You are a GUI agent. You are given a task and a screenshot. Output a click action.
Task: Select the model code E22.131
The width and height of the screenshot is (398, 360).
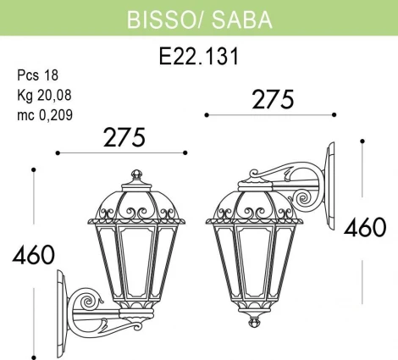[199, 57]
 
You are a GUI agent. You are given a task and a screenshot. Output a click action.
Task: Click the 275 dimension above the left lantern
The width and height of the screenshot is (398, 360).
[122, 136]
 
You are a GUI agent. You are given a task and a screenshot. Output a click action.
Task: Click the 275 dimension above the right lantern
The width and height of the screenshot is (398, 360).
[273, 98]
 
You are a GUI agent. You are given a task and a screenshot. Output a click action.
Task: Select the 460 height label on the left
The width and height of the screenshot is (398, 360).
[33, 254]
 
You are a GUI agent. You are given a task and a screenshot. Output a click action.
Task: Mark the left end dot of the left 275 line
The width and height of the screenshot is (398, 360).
[57, 153]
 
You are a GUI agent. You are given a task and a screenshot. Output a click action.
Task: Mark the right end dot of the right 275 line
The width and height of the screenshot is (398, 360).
[335, 114]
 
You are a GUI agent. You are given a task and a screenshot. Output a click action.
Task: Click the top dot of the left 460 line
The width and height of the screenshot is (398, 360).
[33, 170]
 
